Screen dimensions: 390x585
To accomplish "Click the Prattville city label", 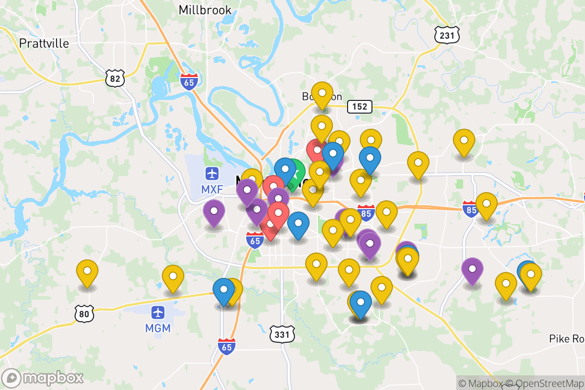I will click(x=44, y=43).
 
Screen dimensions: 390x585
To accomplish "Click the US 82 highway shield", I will click(x=115, y=78).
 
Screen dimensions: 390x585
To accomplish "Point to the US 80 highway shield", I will click(x=84, y=314).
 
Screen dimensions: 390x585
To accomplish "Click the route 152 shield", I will click(x=360, y=107).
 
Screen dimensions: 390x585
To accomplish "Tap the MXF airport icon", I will click(x=212, y=173).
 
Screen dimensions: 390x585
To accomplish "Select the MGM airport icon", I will click(x=158, y=312).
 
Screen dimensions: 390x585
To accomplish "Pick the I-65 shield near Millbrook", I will click(x=189, y=81).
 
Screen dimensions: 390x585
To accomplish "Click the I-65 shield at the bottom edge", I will click(x=227, y=346).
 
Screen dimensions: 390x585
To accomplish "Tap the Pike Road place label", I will click(x=566, y=339).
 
